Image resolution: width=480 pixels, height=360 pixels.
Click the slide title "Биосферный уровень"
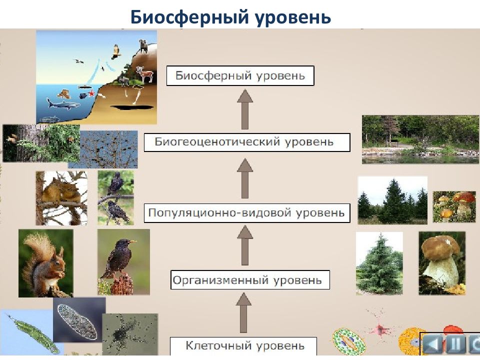[230, 17]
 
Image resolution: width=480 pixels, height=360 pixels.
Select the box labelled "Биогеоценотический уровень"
[247, 142]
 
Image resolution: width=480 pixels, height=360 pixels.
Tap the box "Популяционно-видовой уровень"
[247, 213]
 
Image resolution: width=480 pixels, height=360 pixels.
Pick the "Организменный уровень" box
[250, 280]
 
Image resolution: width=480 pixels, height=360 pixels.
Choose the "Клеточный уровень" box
[243, 346]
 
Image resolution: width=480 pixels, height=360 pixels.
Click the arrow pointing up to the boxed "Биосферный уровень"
[245, 109]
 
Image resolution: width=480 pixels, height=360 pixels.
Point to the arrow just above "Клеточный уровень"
[243, 312]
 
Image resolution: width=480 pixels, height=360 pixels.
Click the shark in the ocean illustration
[63, 104]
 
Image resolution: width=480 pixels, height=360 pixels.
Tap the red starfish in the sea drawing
[91, 93]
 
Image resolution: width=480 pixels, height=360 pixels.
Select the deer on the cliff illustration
[144, 74]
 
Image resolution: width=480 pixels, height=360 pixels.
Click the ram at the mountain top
[143, 46]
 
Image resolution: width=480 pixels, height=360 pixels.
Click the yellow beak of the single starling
[133, 242]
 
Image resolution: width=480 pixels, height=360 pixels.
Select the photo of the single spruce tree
[379, 263]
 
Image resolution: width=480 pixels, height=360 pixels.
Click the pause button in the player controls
[456, 344]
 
